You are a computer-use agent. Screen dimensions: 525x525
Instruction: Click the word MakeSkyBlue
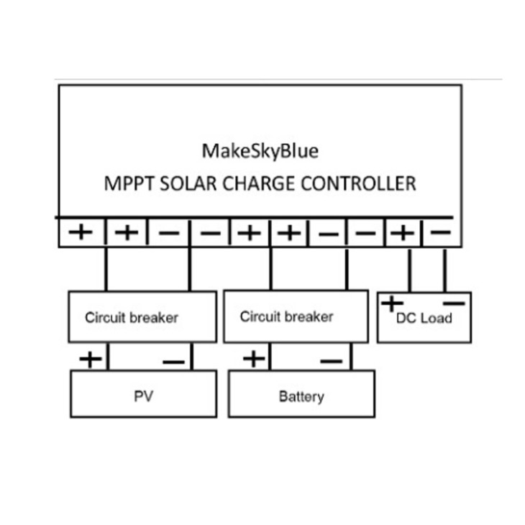(260, 151)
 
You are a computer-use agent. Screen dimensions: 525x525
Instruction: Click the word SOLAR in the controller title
(188, 183)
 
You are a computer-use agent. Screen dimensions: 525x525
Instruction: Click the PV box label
(144, 396)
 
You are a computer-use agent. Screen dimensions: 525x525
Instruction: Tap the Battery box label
(301, 397)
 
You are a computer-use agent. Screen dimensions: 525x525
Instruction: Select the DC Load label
(424, 318)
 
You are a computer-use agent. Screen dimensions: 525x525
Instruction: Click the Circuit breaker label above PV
(132, 318)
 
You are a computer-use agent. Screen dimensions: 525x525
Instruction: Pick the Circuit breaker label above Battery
(287, 316)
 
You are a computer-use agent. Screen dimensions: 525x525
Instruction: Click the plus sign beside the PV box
(91, 360)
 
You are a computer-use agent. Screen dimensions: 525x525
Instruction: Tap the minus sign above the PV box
(173, 362)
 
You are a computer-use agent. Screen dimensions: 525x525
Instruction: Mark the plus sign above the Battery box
(254, 359)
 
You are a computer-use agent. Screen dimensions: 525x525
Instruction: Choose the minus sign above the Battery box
(331, 361)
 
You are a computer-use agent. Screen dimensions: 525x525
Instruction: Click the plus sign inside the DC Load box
(392, 303)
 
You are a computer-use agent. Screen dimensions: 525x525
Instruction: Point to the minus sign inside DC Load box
(454, 303)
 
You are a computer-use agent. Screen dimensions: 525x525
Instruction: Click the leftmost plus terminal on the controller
(81, 232)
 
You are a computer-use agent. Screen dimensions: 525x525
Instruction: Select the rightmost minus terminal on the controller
(440, 232)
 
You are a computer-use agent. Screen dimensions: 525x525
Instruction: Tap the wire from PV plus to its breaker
(108, 357)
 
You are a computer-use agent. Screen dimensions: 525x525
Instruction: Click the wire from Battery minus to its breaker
(351, 357)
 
